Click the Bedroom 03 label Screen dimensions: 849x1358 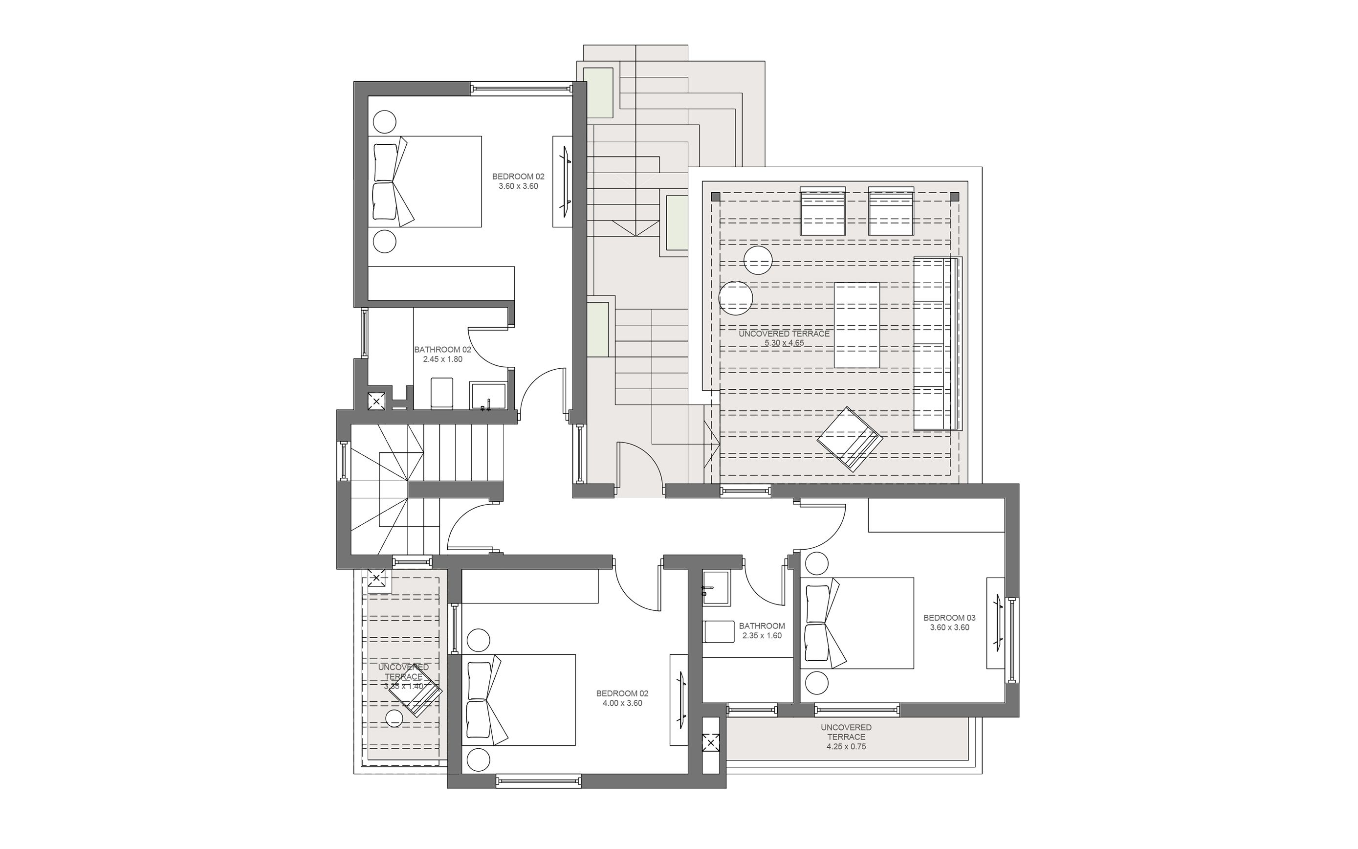[x=949, y=618]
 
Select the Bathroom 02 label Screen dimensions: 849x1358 [x=442, y=349]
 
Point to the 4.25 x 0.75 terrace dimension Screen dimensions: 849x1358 [x=846, y=747]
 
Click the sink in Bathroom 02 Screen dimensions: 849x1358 [x=488, y=397]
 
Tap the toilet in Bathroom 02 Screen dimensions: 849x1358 [x=441, y=393]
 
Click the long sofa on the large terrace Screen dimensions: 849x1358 [x=936, y=344]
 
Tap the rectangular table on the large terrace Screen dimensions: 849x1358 [x=856, y=325]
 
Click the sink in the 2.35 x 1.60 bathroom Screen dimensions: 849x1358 [x=716, y=588]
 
